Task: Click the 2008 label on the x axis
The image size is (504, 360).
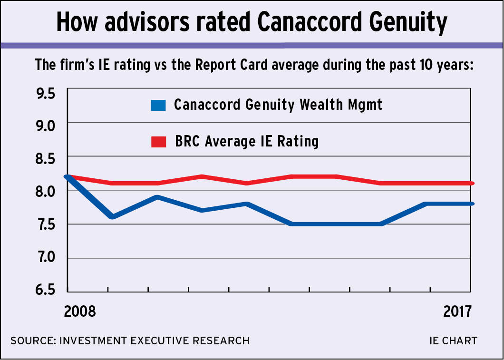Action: point(80,311)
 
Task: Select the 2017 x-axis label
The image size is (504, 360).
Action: point(457,311)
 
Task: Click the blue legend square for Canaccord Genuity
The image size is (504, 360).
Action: point(158,105)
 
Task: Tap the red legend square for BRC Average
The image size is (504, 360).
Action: point(158,142)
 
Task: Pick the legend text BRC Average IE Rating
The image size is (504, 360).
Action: point(247,141)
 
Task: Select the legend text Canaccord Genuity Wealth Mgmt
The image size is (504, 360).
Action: point(278,105)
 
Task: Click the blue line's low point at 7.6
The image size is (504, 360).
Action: point(112,217)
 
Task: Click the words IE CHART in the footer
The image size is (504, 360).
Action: point(453,341)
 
